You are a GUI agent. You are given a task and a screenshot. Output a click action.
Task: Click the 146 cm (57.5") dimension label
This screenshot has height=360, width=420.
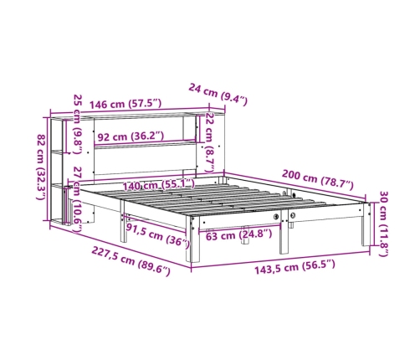[x=125, y=104]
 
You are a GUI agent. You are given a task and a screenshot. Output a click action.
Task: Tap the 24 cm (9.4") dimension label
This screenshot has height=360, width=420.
[x=218, y=95]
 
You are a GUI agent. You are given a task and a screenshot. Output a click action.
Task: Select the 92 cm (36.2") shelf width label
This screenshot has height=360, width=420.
[x=130, y=136]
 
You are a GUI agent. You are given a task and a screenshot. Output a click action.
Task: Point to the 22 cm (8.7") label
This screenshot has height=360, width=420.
[x=210, y=142]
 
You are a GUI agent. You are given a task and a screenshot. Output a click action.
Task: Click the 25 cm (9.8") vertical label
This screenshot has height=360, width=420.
[x=78, y=124]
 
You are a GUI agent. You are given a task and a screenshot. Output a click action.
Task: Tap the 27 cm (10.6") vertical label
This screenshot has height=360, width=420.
[x=77, y=199]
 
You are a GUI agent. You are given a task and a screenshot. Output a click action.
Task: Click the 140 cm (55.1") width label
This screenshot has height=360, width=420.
[x=159, y=184]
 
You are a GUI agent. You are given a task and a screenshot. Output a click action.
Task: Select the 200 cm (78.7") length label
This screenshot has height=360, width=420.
[x=318, y=179]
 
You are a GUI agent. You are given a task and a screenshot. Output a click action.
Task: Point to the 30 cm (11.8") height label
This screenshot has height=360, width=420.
[x=384, y=224]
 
